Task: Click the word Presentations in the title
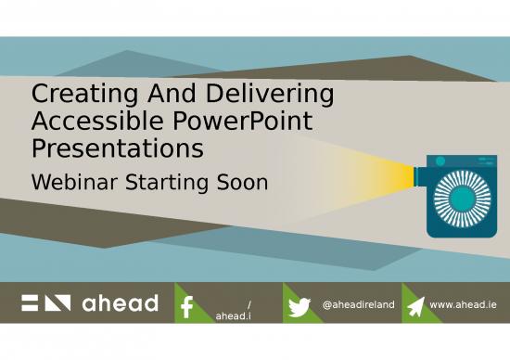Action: point(118,148)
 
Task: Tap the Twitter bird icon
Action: point(299,306)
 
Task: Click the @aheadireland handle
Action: point(358,304)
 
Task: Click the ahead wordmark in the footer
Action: point(119,303)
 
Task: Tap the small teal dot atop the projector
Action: point(440,161)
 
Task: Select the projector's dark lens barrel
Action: point(419,174)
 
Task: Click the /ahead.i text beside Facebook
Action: point(233,310)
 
